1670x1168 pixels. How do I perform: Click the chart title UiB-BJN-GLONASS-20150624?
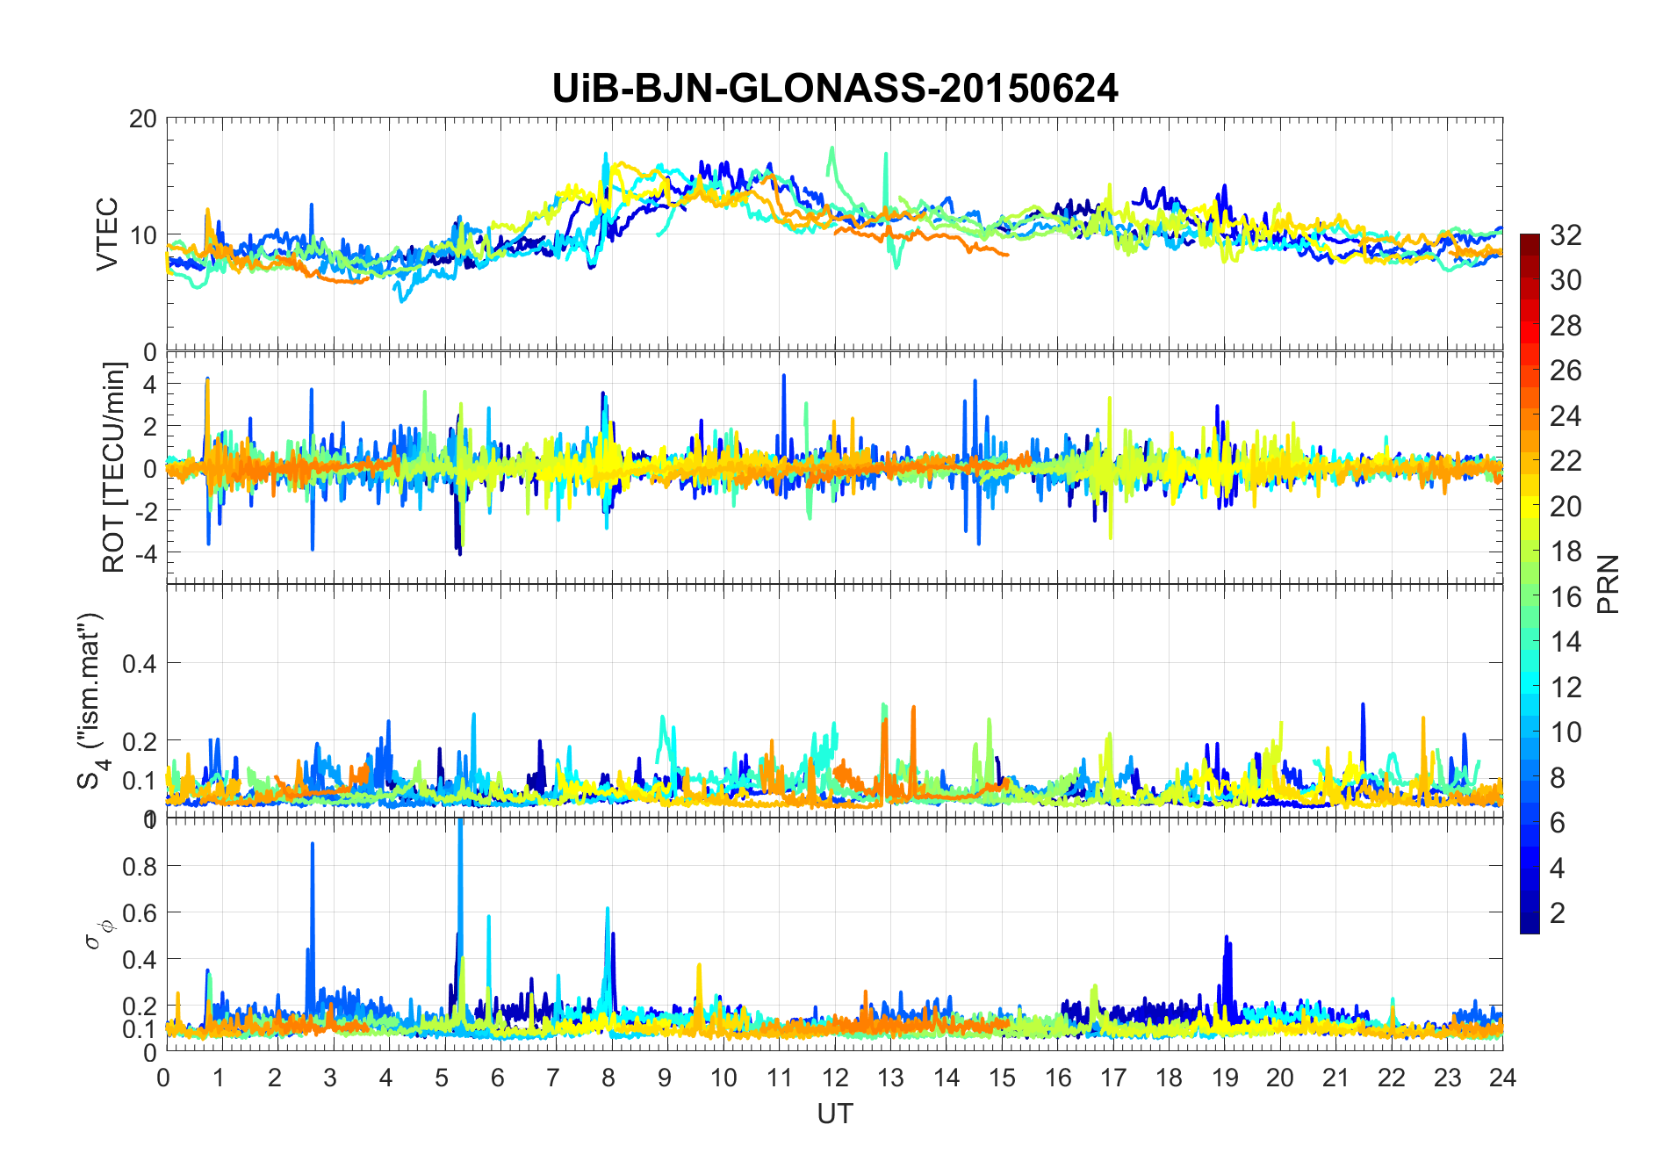tap(835, 89)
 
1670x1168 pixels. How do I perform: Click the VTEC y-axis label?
tap(106, 234)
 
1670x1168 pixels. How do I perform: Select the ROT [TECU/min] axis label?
tap(113, 467)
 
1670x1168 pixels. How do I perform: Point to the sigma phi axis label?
tap(98, 934)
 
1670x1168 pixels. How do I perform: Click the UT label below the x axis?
tap(834, 1114)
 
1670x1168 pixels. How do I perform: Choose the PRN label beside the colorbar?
tap(1608, 584)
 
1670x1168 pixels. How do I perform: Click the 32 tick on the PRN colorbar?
tap(1566, 234)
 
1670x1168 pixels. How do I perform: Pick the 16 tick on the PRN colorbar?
tap(1566, 597)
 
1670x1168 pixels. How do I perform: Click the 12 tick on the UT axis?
tap(835, 1078)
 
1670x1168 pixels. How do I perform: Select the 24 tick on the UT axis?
tap(1502, 1078)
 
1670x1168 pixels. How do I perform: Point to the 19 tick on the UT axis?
tap(1224, 1078)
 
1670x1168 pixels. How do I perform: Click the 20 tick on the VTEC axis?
tap(143, 119)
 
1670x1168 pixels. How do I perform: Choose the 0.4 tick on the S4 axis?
tap(140, 663)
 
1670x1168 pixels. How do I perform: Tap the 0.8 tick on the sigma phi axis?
tap(140, 866)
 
